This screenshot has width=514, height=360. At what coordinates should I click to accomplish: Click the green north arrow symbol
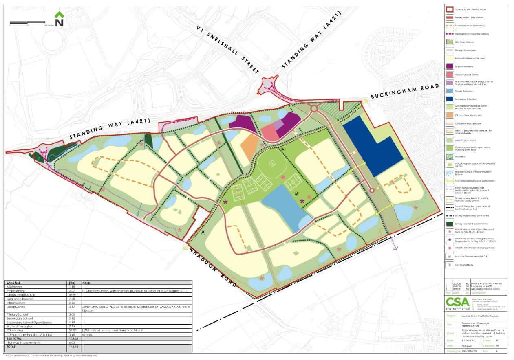point(59,20)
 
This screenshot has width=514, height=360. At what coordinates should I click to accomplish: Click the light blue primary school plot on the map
point(285,205)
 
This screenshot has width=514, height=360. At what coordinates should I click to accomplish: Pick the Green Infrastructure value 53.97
point(75,294)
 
